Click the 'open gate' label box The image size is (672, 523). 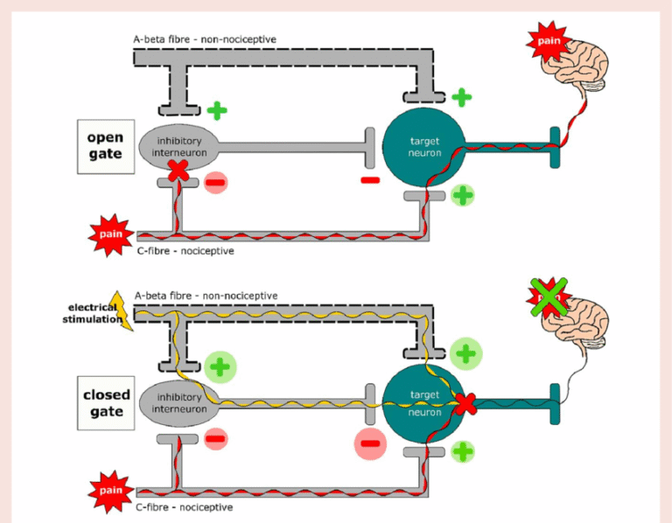coord(105,145)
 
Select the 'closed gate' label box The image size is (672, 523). coord(106,403)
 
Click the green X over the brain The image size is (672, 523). coord(549,297)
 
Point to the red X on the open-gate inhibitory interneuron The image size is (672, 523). coord(178,170)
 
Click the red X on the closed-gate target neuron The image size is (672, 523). coord(465,403)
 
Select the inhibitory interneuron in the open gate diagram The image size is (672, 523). coord(178,146)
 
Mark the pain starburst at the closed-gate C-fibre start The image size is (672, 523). coord(110,491)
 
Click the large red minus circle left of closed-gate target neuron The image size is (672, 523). coord(370,443)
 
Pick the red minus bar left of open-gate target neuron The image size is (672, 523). coord(369,181)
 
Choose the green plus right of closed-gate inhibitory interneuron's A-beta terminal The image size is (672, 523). coord(221,366)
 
